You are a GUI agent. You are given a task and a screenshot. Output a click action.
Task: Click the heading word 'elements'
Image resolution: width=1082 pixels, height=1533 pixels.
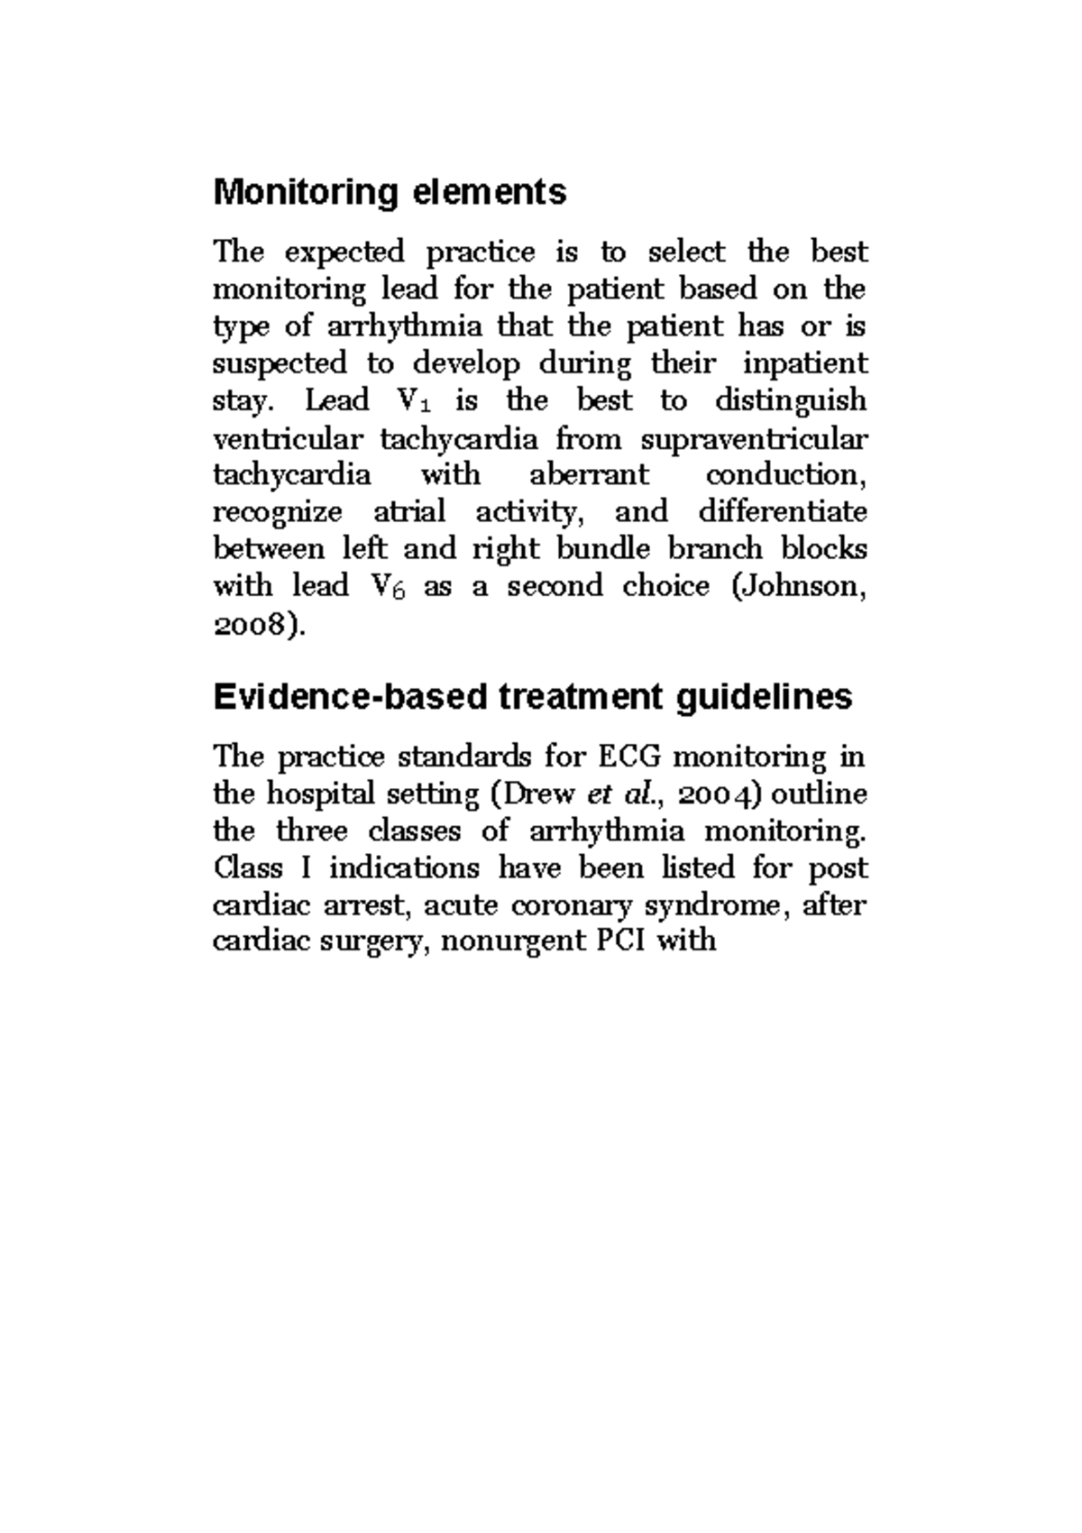[490, 192]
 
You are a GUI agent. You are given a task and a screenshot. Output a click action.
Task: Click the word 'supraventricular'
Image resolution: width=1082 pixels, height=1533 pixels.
[754, 439]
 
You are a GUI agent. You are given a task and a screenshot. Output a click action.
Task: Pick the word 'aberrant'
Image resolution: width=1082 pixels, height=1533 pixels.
[589, 475]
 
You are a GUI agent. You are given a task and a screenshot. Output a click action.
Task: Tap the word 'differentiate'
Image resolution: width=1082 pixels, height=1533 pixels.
[782, 512]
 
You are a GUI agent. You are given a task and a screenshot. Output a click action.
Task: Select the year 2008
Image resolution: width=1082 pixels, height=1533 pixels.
[253, 625]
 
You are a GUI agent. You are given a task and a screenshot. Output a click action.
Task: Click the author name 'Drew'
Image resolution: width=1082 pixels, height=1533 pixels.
[538, 794]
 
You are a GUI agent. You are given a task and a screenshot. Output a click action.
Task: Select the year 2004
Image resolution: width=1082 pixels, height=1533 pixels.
[718, 794]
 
